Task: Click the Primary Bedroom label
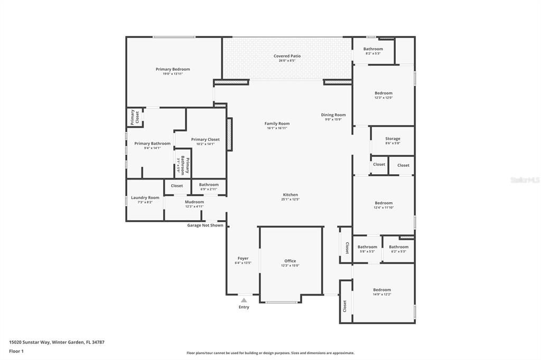173,69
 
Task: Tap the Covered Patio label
287,56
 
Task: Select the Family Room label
277,124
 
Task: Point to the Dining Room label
333,115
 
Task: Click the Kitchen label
290,195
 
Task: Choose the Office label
290,261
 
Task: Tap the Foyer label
242,258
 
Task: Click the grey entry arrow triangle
244,300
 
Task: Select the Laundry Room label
145,197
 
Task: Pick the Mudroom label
194,202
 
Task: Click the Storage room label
393,139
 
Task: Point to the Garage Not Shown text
205,225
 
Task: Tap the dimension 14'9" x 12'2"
382,294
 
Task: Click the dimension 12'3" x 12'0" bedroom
384,98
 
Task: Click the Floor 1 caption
16,351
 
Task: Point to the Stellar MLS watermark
525,180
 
